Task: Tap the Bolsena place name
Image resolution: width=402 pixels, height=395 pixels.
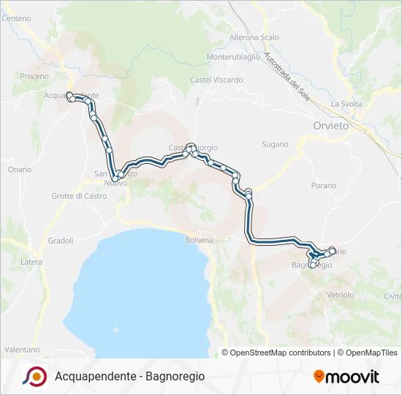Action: [200, 240]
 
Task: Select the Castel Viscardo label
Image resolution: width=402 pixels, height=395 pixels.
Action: [216, 80]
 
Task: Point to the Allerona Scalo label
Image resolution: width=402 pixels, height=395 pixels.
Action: [254, 37]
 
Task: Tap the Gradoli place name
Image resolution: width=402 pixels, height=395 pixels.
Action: [61, 240]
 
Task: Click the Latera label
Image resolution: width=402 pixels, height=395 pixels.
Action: [31, 262]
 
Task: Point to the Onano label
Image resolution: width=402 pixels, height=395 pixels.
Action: [20, 170]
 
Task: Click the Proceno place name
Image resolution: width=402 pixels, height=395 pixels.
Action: [34, 76]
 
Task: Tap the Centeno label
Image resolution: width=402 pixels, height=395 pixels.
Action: [16, 19]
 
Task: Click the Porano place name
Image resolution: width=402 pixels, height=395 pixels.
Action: [323, 186]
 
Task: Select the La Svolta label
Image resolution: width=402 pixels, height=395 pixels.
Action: [346, 104]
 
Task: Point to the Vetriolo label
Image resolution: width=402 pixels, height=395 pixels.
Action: [341, 295]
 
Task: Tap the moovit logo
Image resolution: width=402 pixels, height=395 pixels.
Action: [346, 377]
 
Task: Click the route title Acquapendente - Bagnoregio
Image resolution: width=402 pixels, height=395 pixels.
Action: [130, 376]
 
